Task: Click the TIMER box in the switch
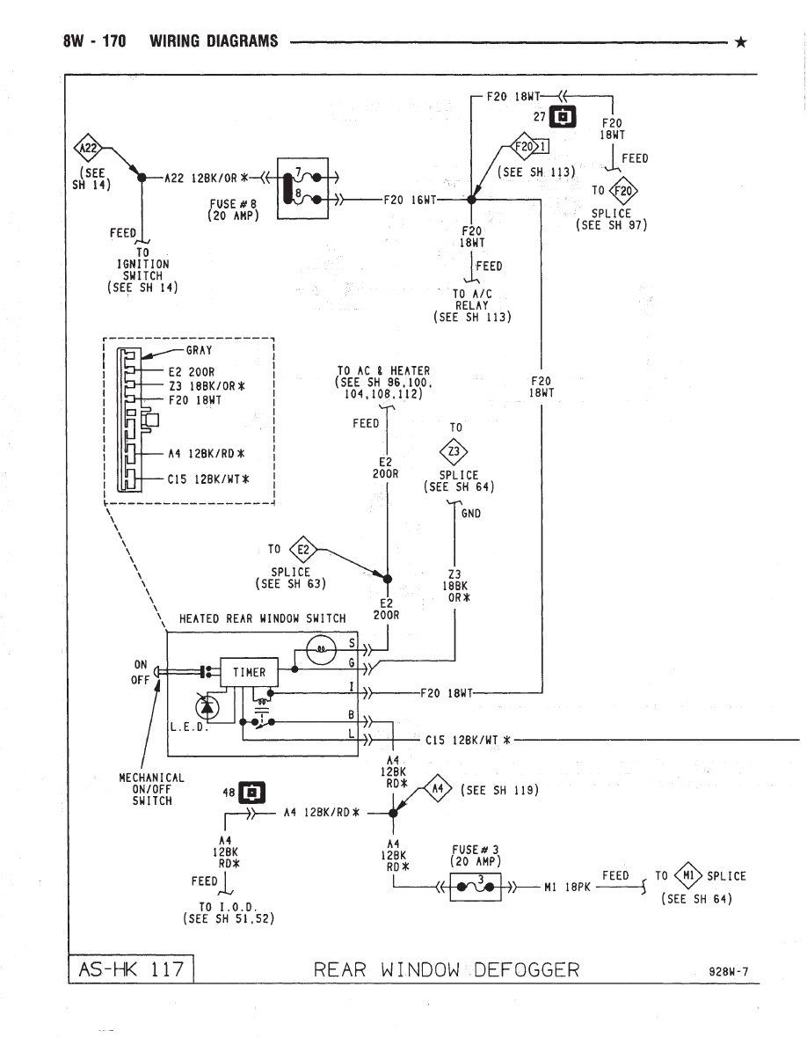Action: point(249,673)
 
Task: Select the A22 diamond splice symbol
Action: point(91,148)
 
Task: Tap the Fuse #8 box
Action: point(302,187)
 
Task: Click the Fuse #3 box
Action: point(475,887)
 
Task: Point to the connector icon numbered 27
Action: point(563,116)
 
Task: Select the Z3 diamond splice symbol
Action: point(454,452)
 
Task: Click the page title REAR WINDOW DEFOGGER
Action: point(447,970)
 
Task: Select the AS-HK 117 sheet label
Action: point(130,970)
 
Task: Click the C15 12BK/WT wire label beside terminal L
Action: point(467,740)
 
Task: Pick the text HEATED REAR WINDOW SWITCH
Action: point(262,618)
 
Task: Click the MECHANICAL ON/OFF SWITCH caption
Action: point(151,789)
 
